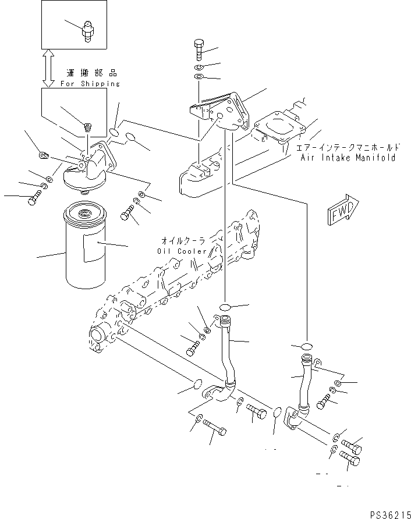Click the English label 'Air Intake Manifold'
click(x=348, y=158)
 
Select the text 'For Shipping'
click(x=90, y=84)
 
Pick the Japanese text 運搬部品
click(x=91, y=73)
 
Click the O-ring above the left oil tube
click(x=226, y=307)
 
